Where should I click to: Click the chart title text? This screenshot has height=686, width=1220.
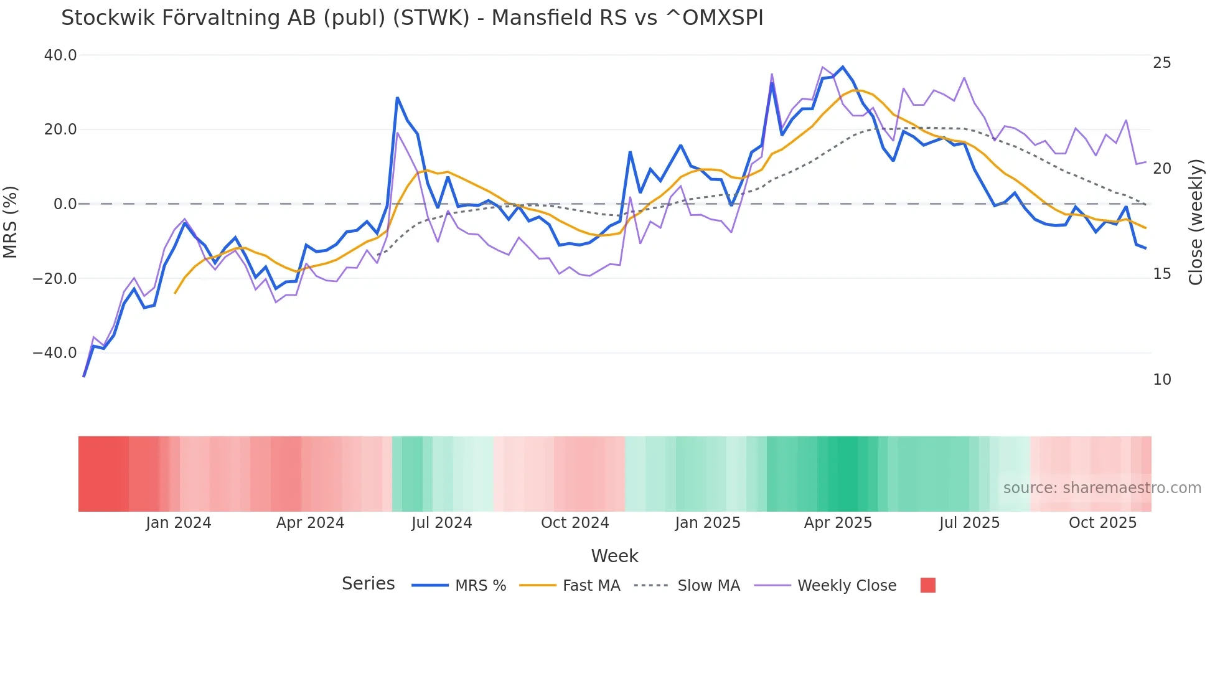pyautogui.click(x=411, y=18)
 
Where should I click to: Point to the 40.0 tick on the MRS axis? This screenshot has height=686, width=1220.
pyautogui.click(x=60, y=55)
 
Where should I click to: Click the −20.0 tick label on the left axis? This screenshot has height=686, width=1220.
pyautogui.click(x=55, y=279)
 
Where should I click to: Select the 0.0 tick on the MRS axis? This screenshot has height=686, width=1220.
pyautogui.click(x=65, y=204)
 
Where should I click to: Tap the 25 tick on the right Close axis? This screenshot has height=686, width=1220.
pyautogui.click(x=1161, y=63)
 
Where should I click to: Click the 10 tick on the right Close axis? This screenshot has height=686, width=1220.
pyautogui.click(x=1161, y=380)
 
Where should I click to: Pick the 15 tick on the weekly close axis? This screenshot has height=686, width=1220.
pyautogui.click(x=1161, y=274)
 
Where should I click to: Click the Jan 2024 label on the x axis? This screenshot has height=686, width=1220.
pyautogui.click(x=179, y=523)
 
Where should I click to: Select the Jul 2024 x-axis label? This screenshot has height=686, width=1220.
pyautogui.click(x=441, y=523)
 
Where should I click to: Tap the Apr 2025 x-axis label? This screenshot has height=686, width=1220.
pyautogui.click(x=838, y=523)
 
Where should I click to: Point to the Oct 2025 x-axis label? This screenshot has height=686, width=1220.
pyautogui.click(x=1102, y=523)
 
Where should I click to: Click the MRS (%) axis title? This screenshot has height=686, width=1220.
pyautogui.click(x=11, y=222)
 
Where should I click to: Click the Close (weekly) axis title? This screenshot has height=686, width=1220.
pyautogui.click(x=1196, y=222)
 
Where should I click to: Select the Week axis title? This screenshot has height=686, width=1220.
pyautogui.click(x=614, y=556)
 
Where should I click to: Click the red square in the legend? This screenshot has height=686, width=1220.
pyautogui.click(x=927, y=585)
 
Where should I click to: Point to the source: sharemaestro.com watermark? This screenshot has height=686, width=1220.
pyautogui.click(x=1102, y=488)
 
